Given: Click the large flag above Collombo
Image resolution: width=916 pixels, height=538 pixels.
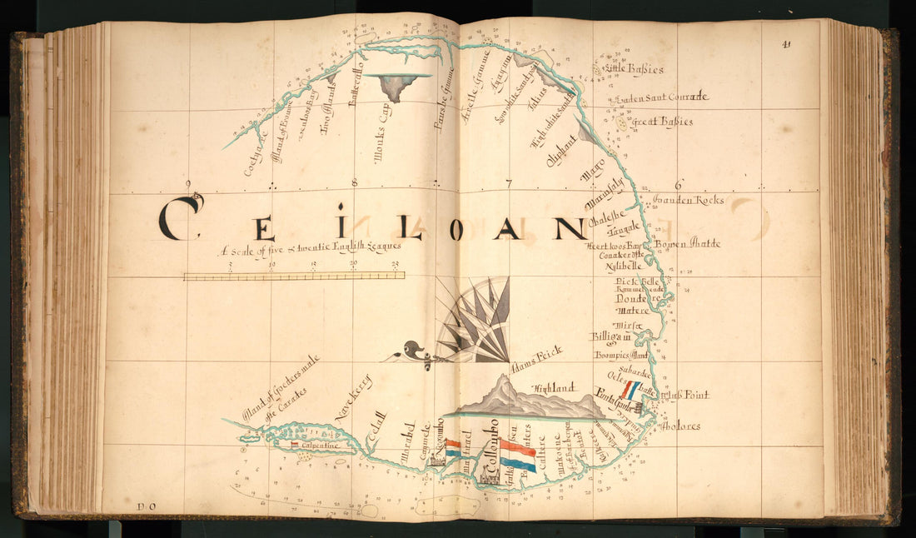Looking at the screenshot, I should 518,456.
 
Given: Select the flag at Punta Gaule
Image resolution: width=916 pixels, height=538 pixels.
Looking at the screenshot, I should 630,391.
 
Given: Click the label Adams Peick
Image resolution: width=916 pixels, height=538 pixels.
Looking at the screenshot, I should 536,359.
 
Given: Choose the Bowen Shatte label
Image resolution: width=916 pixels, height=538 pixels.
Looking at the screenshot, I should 687,244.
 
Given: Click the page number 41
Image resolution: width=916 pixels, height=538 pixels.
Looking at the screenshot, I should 786,45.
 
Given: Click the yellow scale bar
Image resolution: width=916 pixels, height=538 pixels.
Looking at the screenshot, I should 294,276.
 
